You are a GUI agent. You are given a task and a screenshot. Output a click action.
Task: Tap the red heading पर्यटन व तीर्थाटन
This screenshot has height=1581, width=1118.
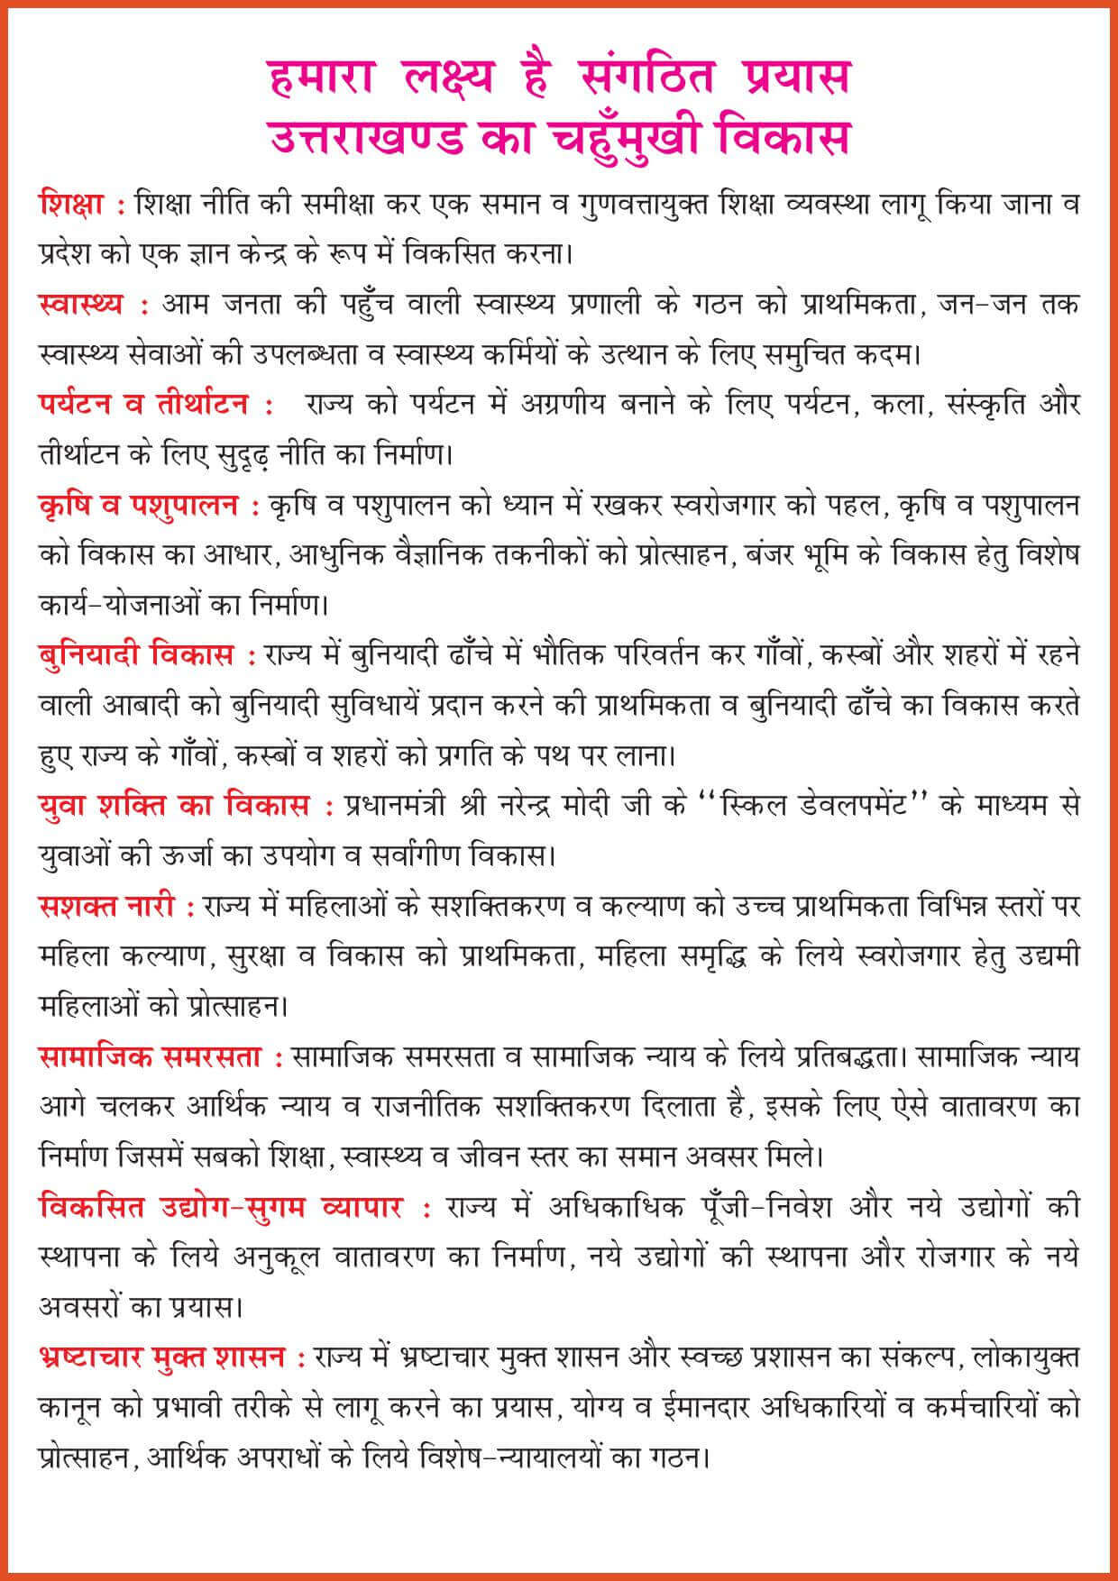point(144,405)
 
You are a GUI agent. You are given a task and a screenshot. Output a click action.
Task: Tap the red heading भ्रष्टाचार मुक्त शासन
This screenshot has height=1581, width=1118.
point(163,1356)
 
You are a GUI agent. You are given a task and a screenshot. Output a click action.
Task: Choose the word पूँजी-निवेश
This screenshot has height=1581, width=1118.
point(757,1206)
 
